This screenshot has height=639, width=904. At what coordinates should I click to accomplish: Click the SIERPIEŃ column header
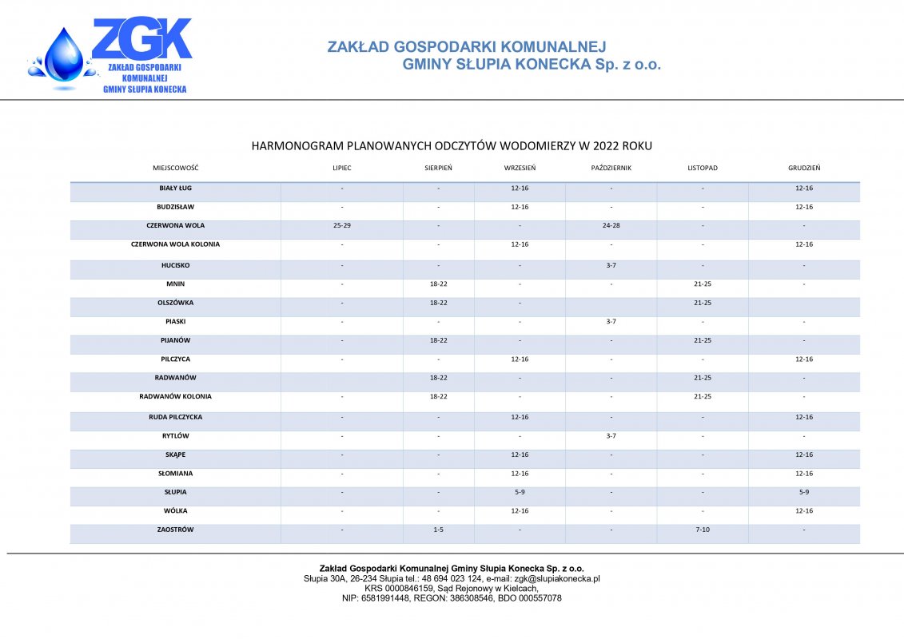tap(438, 169)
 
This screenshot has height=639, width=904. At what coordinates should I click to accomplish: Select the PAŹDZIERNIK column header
tap(611, 169)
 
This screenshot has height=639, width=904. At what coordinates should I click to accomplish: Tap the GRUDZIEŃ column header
tap(803, 169)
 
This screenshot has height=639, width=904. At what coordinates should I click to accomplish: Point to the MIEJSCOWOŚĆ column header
tap(175, 169)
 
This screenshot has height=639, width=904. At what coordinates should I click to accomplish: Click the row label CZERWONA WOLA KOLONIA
tap(175, 244)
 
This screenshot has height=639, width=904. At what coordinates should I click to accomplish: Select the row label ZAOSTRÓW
tap(175, 530)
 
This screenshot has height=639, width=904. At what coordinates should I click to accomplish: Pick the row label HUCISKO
tap(175, 265)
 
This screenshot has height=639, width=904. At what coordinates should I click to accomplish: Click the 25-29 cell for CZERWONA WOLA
tap(341, 226)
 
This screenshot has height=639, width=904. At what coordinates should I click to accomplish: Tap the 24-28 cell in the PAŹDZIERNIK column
tap(611, 226)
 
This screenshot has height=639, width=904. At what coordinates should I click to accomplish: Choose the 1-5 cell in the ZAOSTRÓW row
tap(438, 530)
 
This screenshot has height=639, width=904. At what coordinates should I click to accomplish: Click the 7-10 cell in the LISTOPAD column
tap(702, 530)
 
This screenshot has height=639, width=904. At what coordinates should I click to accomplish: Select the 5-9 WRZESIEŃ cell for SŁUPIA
tap(520, 492)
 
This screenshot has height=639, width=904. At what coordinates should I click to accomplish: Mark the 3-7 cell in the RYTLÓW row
tap(611, 436)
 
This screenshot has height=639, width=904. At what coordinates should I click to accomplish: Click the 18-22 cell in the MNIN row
tap(438, 284)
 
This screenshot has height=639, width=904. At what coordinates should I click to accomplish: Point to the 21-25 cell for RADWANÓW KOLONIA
tap(702, 396)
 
